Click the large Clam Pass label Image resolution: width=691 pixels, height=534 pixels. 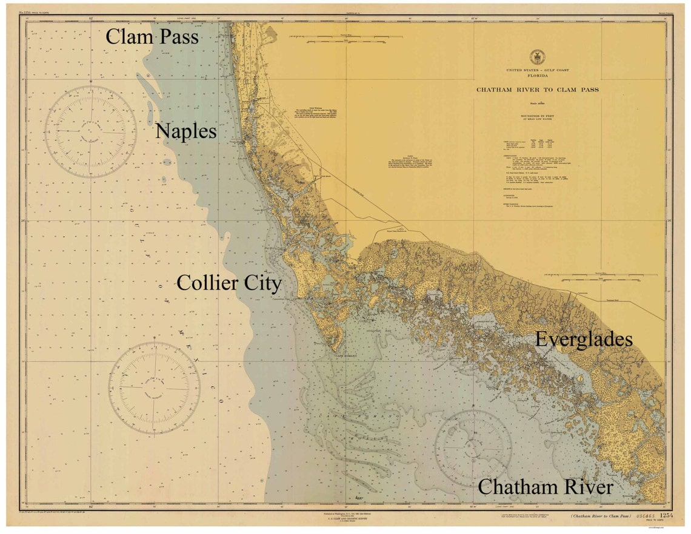[152, 37]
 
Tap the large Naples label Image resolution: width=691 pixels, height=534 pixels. [186, 131]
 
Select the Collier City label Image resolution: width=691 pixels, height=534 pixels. [229, 283]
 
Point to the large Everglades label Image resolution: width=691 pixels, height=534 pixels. [584, 340]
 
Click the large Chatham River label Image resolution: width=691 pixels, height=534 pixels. [545, 487]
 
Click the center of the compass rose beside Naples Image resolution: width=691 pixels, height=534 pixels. [90, 131]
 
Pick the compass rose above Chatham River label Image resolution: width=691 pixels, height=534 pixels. [473, 449]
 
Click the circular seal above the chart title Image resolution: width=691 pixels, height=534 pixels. [537, 58]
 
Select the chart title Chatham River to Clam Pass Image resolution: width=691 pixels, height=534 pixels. [537, 90]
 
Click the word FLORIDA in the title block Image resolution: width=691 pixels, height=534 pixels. [537, 76]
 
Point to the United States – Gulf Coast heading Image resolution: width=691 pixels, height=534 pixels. [537, 71]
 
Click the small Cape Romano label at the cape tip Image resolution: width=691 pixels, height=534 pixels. [339, 356]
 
